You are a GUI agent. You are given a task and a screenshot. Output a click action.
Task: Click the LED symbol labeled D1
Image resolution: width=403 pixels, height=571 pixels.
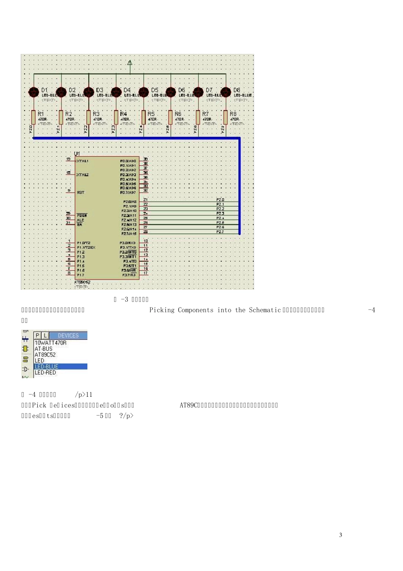(x=34, y=92)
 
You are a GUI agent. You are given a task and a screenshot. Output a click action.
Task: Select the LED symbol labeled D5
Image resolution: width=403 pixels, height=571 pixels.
(x=143, y=92)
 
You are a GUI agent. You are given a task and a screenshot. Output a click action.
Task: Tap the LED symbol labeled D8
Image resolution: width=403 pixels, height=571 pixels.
(x=226, y=92)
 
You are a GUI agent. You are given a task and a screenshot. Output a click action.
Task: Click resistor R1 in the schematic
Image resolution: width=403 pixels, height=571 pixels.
(x=34, y=117)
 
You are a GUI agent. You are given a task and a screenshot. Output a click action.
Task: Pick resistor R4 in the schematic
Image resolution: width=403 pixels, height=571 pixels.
(x=116, y=117)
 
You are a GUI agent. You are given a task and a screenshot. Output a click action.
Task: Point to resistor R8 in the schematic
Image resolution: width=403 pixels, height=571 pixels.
(x=226, y=117)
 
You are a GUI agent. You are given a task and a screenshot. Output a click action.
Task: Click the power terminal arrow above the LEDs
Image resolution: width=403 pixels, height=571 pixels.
(x=130, y=63)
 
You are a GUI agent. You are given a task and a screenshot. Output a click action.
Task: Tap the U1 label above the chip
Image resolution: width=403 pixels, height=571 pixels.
(x=77, y=153)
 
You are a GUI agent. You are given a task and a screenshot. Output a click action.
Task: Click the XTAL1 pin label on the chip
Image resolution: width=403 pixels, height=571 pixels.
(x=82, y=161)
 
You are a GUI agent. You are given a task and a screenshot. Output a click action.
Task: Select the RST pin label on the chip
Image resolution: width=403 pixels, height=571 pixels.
(x=81, y=192)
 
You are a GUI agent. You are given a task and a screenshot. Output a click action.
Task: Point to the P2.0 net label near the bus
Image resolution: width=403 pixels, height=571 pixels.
(x=220, y=200)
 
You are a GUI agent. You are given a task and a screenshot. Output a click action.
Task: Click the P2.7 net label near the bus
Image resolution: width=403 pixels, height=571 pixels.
(x=220, y=232)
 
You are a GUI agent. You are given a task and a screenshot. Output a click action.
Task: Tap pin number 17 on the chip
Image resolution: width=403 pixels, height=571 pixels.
(x=146, y=273)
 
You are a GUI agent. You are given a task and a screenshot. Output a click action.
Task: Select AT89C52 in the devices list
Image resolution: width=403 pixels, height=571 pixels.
(x=45, y=355)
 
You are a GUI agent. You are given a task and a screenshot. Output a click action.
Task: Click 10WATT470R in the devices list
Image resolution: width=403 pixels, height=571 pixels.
(x=50, y=343)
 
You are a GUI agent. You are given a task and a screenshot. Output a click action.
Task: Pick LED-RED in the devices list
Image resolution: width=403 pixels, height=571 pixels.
(x=45, y=373)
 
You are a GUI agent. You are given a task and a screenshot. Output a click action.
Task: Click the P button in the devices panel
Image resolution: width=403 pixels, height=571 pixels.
(x=38, y=336)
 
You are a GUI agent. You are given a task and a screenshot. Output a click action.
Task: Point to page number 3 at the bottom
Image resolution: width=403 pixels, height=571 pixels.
(x=340, y=535)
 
